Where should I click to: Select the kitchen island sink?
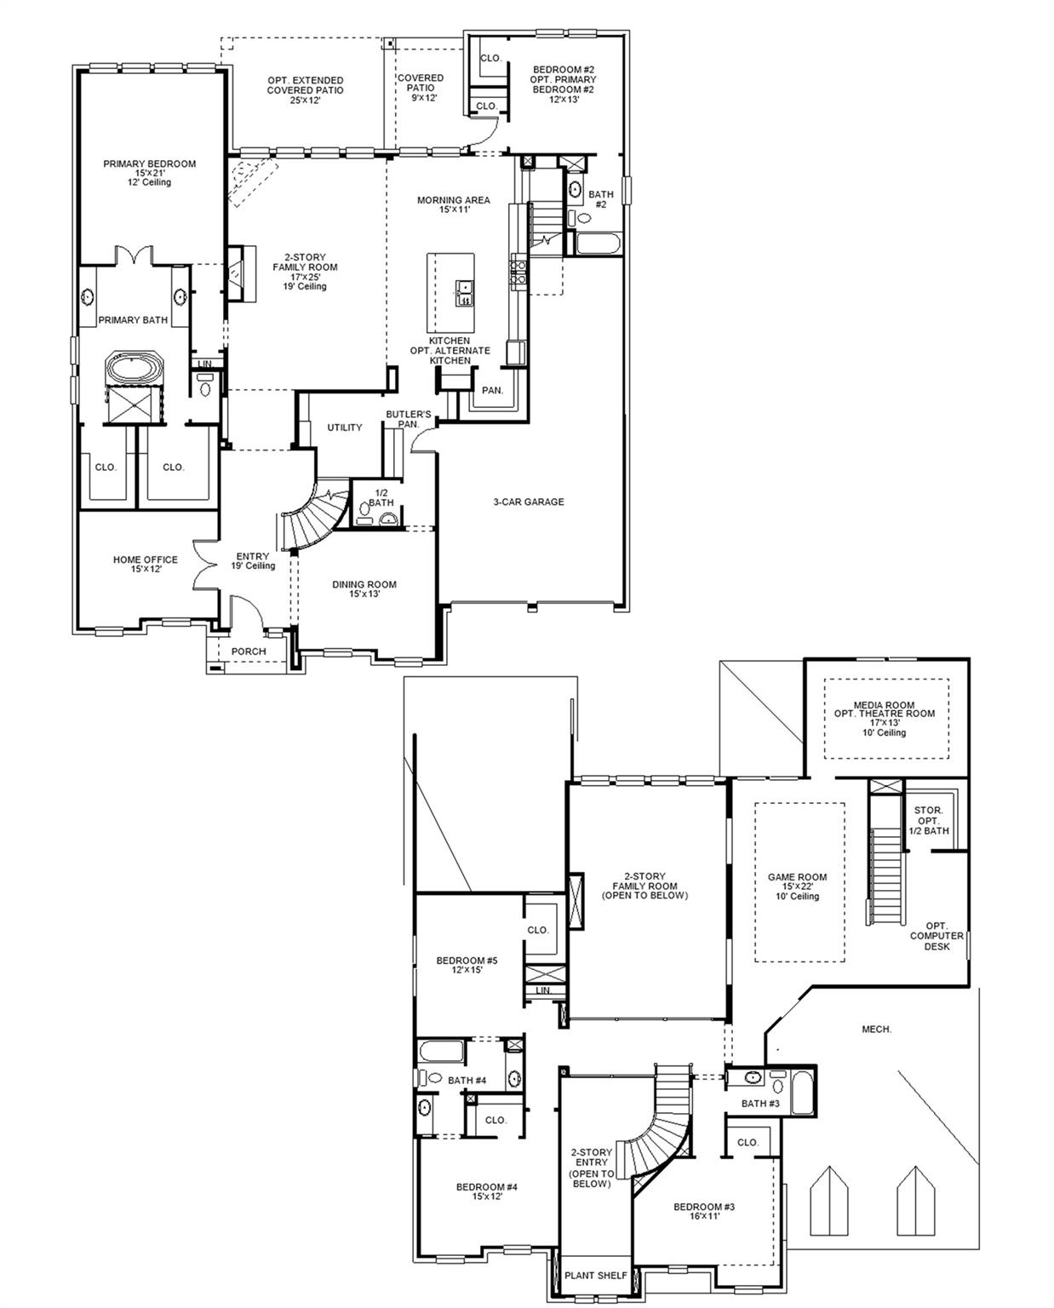[x=465, y=293]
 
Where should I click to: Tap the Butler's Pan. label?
[x=402, y=419]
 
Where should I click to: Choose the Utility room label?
[x=345, y=427]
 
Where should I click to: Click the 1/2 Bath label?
[x=381, y=497]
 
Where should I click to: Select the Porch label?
[x=249, y=651]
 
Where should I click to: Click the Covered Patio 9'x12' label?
[x=421, y=88]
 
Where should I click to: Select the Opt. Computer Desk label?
[x=937, y=935]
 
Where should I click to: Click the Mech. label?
[x=877, y=1030]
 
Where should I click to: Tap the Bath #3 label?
[x=760, y=1104]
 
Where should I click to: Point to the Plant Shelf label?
[x=597, y=1275]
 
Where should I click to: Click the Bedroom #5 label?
[x=467, y=965]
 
